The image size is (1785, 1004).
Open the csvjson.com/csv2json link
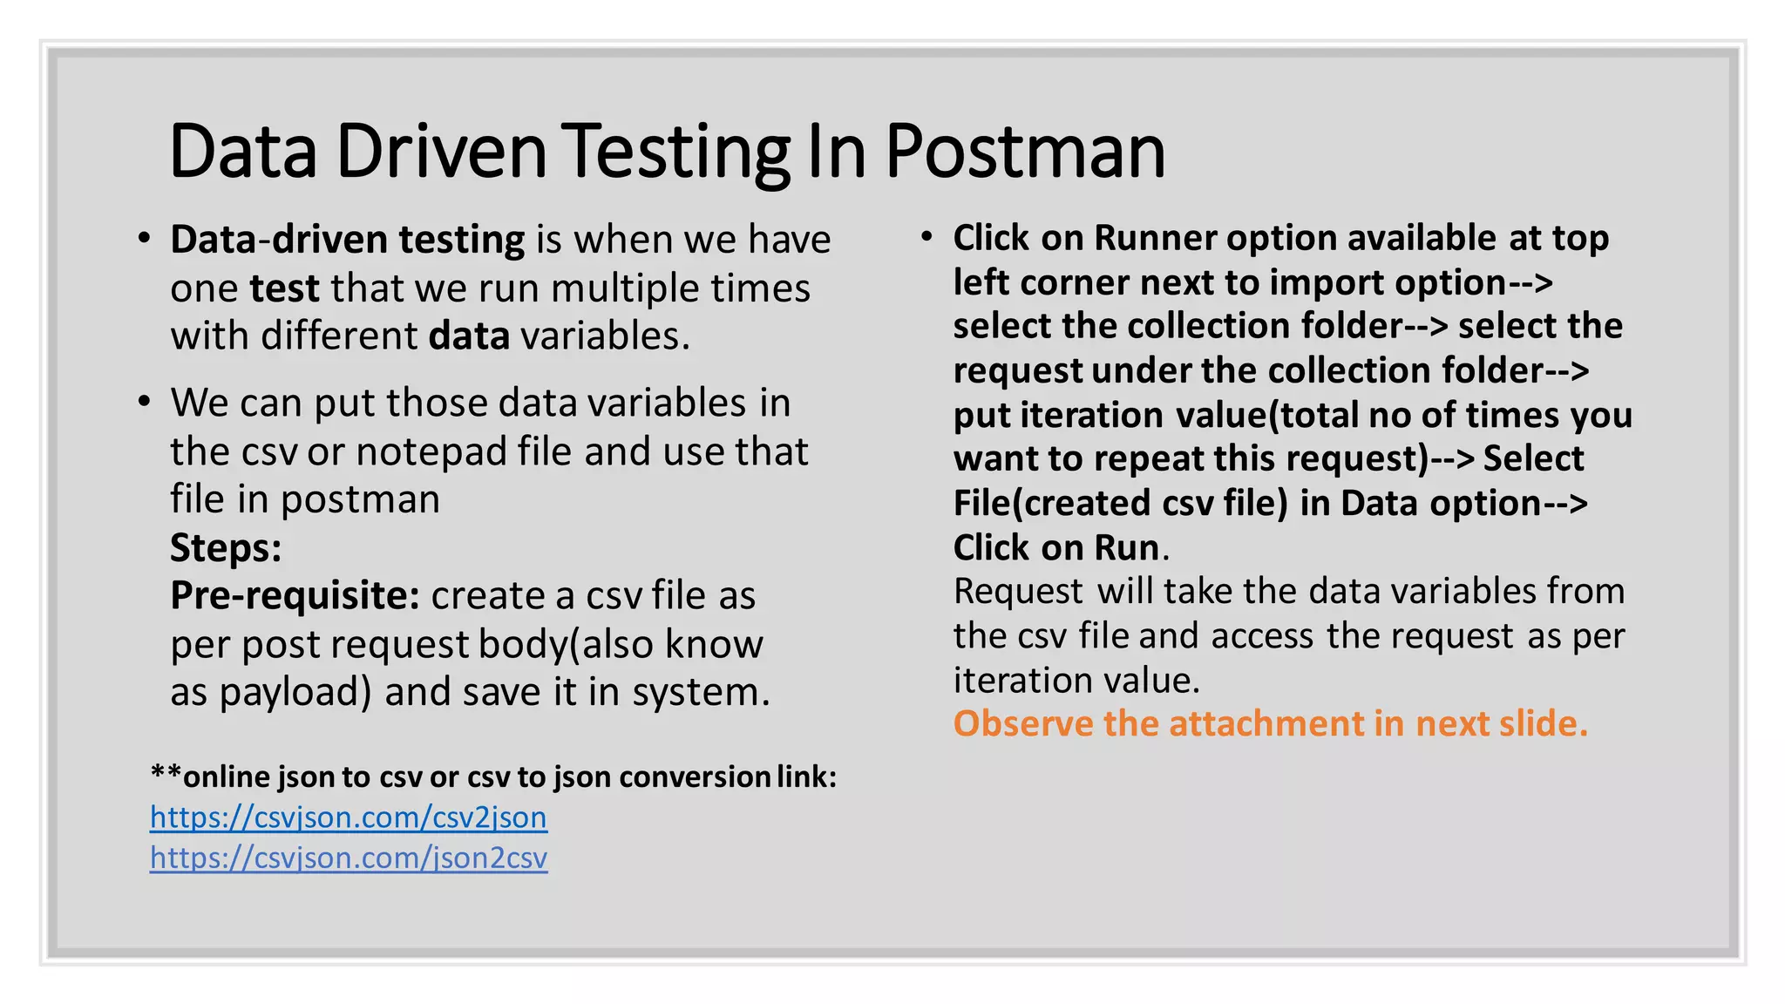[349, 817]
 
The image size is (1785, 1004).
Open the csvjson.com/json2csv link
[349, 858]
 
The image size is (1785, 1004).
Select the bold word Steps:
[226, 548]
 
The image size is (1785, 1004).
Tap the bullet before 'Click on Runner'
[926, 236]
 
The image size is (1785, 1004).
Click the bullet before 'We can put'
[144, 402]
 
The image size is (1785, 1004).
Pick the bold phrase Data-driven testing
[347, 240]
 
